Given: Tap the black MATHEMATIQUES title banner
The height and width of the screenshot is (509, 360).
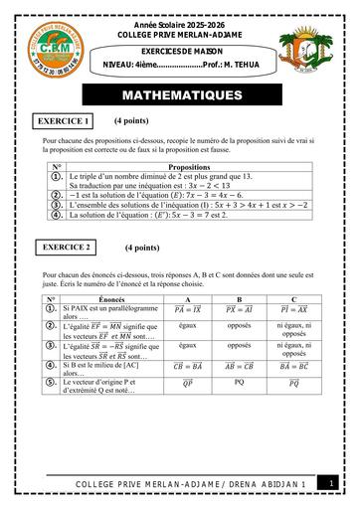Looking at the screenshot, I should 179,96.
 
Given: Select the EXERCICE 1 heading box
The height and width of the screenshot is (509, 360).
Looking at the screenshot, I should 64,121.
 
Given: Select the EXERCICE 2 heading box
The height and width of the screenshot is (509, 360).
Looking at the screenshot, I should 68,245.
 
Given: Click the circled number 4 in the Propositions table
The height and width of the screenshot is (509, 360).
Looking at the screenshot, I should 57,213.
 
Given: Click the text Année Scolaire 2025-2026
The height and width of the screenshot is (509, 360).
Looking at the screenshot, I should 180,8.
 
